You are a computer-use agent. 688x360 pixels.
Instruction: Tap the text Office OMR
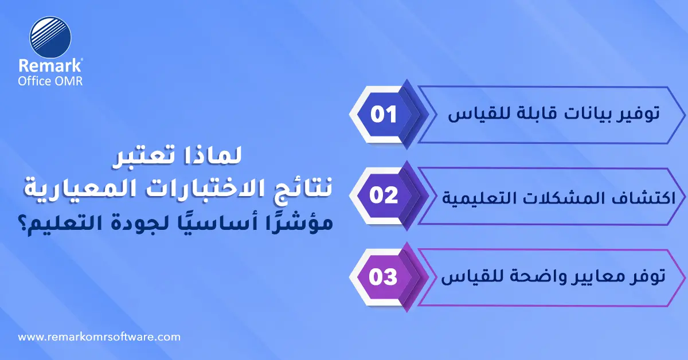[x=51, y=81]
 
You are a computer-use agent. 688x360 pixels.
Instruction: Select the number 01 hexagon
[x=384, y=114]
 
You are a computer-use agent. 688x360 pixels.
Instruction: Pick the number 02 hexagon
[x=384, y=195]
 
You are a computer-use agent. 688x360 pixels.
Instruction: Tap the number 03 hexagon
[x=384, y=277]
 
